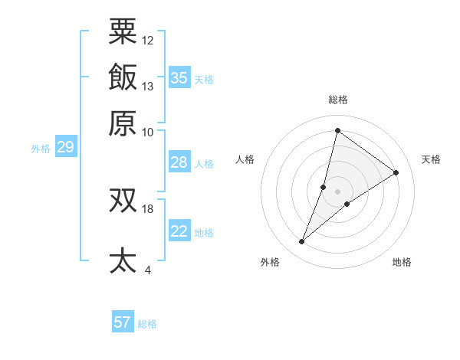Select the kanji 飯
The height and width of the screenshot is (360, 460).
tap(123, 77)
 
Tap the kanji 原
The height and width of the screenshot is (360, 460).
tap(123, 123)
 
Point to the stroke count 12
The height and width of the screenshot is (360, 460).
tap(148, 40)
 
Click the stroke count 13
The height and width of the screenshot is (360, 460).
tap(148, 86)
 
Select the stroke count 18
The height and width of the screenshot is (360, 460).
tap(148, 208)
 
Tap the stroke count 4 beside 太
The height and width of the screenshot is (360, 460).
tap(148, 270)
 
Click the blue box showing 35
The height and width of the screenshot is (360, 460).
tap(179, 77)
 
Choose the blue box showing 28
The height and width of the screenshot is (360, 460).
tap(179, 162)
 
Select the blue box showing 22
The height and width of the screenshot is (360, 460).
tap(179, 231)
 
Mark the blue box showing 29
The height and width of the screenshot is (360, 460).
tap(65, 147)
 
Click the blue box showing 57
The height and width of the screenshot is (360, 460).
tap(123, 322)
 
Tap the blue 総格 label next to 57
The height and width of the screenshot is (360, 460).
tap(147, 323)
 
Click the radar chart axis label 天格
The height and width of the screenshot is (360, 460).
tap(431, 159)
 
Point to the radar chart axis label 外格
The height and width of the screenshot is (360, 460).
tap(269, 262)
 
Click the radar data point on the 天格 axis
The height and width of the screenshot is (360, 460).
tap(396, 172)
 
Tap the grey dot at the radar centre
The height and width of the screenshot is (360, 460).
tap(337, 191)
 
